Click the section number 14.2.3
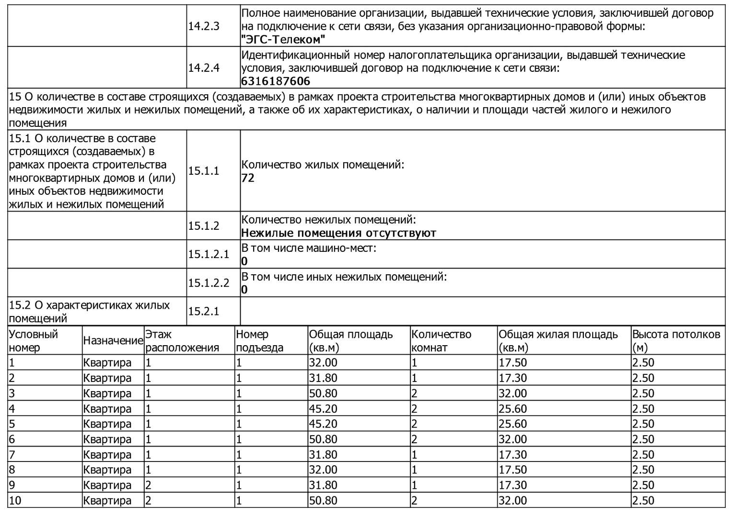[203, 26]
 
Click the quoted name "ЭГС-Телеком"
[283, 39]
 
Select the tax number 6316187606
[276, 81]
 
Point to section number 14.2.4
[203, 68]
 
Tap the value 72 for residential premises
[248, 178]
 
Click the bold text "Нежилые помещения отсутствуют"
[338, 233]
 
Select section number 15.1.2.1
[209, 254]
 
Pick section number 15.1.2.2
[209, 283]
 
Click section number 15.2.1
[203, 312]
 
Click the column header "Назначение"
[113, 341]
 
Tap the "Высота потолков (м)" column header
[676, 341]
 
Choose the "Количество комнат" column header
[441, 341]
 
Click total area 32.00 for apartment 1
[323, 363]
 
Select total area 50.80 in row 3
[323, 393]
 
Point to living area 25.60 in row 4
[512, 409]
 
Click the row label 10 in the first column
[15, 501]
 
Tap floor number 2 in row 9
[149, 485]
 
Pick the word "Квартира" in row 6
[107, 439]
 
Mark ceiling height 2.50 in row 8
[643, 470]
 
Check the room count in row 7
[415, 455]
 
